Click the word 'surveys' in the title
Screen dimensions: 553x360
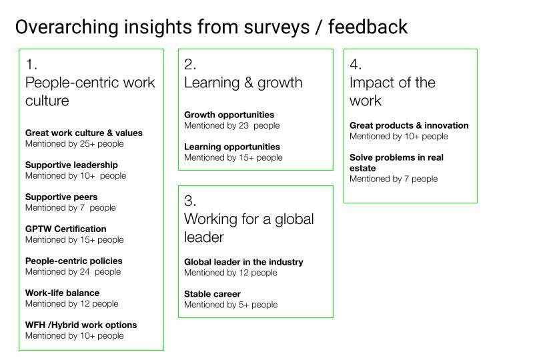(276, 28)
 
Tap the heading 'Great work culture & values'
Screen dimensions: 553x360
(84, 133)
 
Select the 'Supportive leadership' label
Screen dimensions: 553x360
(71, 165)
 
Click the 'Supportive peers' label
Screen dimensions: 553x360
(61, 197)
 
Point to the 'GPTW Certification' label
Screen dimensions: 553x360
(65, 229)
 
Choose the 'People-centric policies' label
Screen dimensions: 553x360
(73, 261)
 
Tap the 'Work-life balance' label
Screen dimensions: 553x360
(62, 293)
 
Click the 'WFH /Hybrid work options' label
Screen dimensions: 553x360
(81, 325)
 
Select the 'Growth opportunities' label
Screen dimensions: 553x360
(229, 115)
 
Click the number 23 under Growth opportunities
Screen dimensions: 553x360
(243, 125)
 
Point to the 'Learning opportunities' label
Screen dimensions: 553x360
(232, 147)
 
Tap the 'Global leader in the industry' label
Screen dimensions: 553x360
(243, 262)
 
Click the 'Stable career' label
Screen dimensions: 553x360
(212, 294)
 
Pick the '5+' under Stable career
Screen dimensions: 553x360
(243, 305)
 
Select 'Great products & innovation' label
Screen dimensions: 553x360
(409, 125)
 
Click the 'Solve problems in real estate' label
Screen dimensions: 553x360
(396, 163)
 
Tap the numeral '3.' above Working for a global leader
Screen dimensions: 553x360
(190, 201)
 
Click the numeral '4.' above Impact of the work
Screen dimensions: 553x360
(356, 64)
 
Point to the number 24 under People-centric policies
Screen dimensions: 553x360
(85, 271)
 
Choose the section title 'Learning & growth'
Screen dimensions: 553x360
(243, 83)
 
